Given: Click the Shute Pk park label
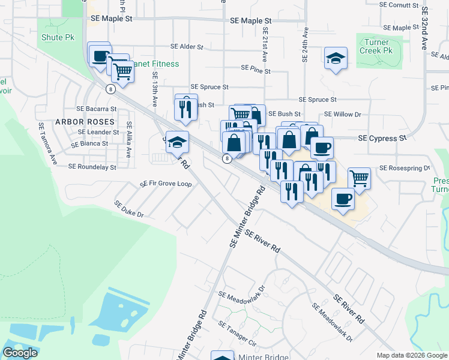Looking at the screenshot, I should (57, 37).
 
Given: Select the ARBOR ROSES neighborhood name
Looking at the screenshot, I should (85, 122).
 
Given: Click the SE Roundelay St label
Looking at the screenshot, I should (92, 167).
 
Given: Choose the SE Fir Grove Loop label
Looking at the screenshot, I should (166, 184).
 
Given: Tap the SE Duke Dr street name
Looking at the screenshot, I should (130, 209).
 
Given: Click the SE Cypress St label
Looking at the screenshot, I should (382, 138).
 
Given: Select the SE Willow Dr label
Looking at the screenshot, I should (342, 113).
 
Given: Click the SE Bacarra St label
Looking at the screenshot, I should (96, 109).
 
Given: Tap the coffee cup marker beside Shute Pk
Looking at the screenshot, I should (99, 55).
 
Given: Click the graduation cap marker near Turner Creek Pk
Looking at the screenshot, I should (336, 59).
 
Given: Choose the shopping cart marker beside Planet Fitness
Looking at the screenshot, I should (123, 71).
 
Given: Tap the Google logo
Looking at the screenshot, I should (20, 353).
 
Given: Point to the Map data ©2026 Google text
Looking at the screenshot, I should (411, 355).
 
